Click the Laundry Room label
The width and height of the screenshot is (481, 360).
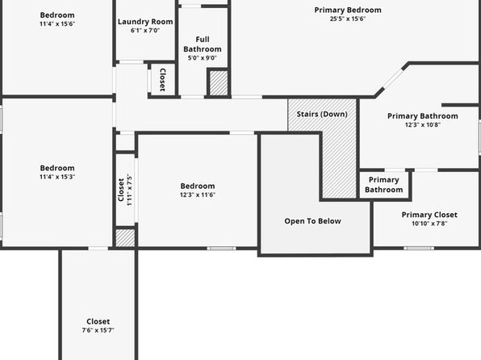click(x=145, y=22)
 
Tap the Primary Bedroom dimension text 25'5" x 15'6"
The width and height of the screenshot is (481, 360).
click(x=348, y=19)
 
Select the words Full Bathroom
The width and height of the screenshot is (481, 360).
click(x=203, y=44)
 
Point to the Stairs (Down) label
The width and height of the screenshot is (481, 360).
click(x=322, y=114)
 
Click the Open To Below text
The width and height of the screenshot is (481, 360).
click(x=312, y=221)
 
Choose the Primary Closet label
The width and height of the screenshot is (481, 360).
click(x=429, y=215)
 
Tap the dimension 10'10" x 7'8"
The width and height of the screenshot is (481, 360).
click(x=429, y=224)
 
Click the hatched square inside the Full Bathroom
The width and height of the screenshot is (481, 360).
click(x=219, y=83)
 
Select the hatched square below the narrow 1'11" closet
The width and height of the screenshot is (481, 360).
click(x=125, y=238)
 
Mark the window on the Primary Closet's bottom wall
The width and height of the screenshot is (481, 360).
click(x=419, y=248)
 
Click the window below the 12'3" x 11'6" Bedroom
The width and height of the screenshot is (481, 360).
click(x=221, y=248)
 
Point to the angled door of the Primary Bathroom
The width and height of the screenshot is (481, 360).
click(x=393, y=78)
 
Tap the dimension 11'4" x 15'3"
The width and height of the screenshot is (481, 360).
click(x=57, y=177)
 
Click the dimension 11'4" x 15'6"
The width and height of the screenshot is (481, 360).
click(x=57, y=24)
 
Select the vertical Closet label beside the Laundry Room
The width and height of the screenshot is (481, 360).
click(x=162, y=80)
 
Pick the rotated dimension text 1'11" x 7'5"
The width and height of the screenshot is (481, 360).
click(x=129, y=190)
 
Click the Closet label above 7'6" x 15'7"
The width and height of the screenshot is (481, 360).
click(x=98, y=321)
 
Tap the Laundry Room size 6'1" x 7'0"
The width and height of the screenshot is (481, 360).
click(x=145, y=31)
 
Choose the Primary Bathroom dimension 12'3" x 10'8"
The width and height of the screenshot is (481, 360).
click(x=423, y=124)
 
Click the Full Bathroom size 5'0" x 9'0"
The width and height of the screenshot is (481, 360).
click(x=202, y=58)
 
